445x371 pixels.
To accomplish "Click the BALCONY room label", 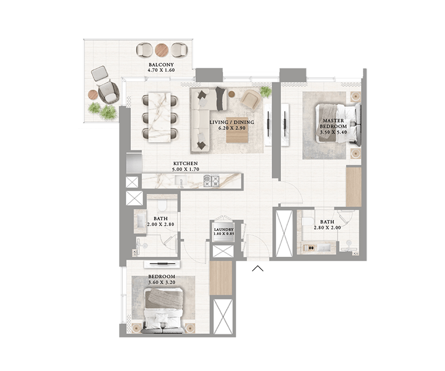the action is [x=161, y=65].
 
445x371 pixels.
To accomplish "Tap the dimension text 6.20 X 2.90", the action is [x=232, y=128].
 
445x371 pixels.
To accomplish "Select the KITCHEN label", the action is [x=186, y=164].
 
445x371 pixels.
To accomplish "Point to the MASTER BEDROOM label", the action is [x=333, y=123].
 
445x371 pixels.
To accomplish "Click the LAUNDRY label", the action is [x=224, y=230].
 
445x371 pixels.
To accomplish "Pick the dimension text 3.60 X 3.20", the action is [x=162, y=283].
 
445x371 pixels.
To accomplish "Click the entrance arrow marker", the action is [x=258, y=268].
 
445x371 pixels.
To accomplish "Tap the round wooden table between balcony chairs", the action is [x=162, y=50].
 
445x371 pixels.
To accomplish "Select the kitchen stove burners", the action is [x=211, y=181].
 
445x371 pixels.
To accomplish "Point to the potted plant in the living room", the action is [x=266, y=92].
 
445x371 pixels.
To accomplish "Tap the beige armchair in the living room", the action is [x=251, y=99].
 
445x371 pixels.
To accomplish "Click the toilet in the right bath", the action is [x=308, y=221].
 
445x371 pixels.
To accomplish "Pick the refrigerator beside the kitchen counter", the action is [x=134, y=163].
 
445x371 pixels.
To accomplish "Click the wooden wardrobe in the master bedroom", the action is [x=354, y=187].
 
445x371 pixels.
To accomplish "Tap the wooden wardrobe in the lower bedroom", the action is [x=221, y=278].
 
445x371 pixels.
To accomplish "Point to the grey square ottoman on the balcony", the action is [x=100, y=73].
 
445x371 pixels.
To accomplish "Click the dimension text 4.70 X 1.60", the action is [x=161, y=70].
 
